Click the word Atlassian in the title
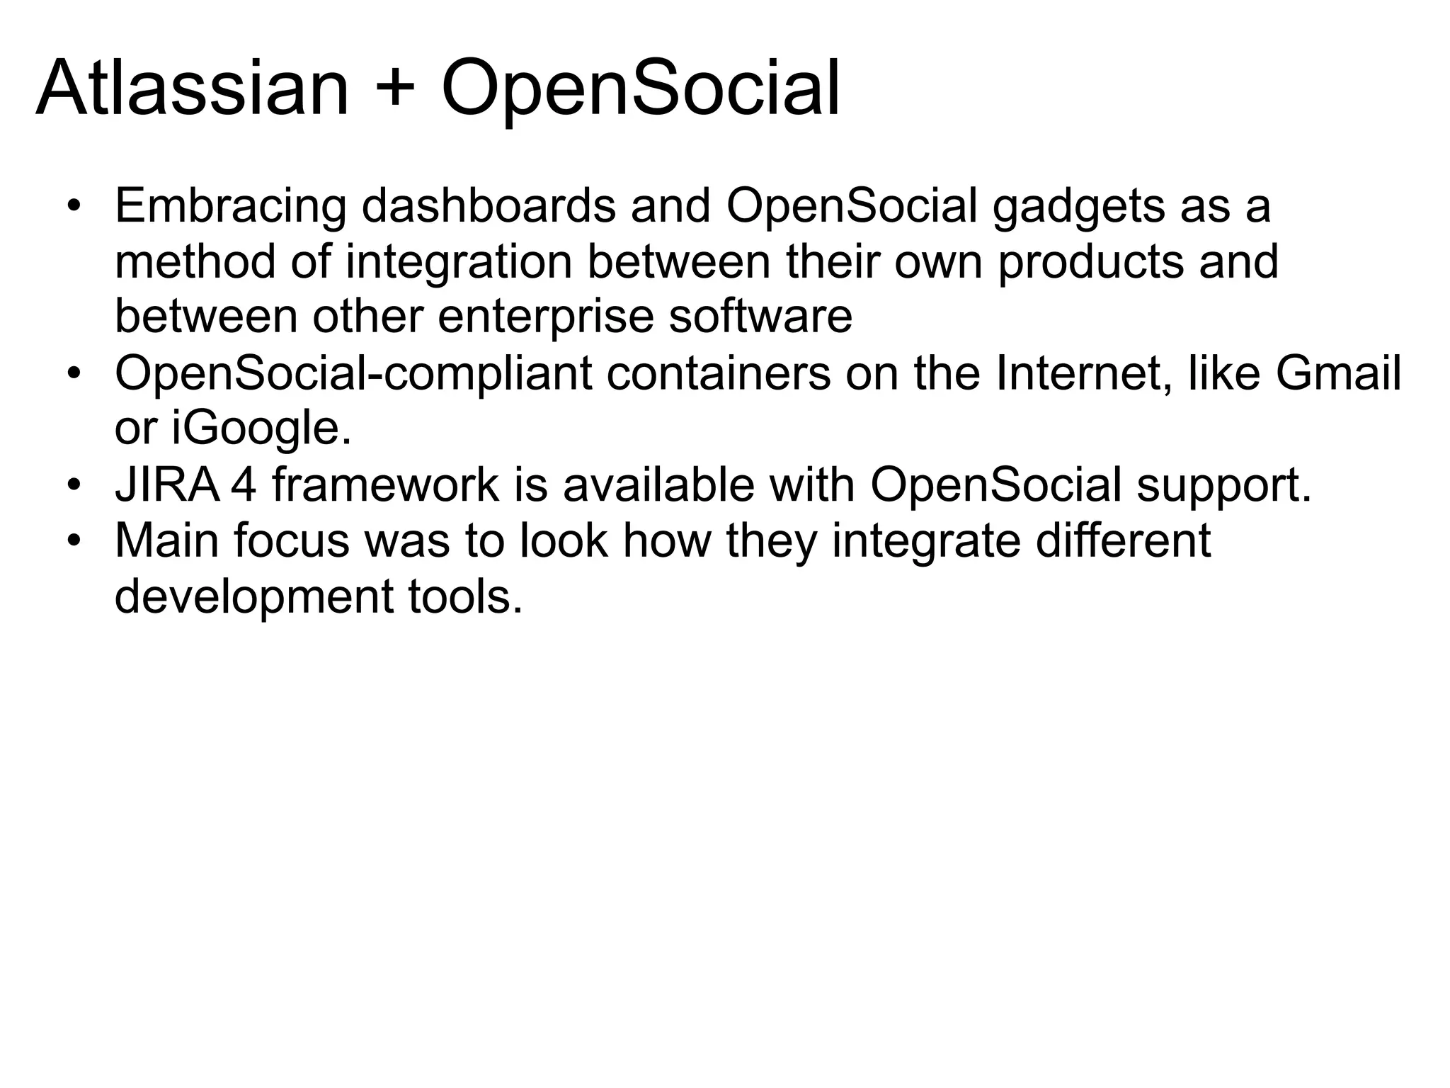(x=192, y=90)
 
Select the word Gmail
(x=1338, y=373)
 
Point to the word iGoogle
(x=261, y=430)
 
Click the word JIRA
(x=168, y=485)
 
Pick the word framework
(x=386, y=485)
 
